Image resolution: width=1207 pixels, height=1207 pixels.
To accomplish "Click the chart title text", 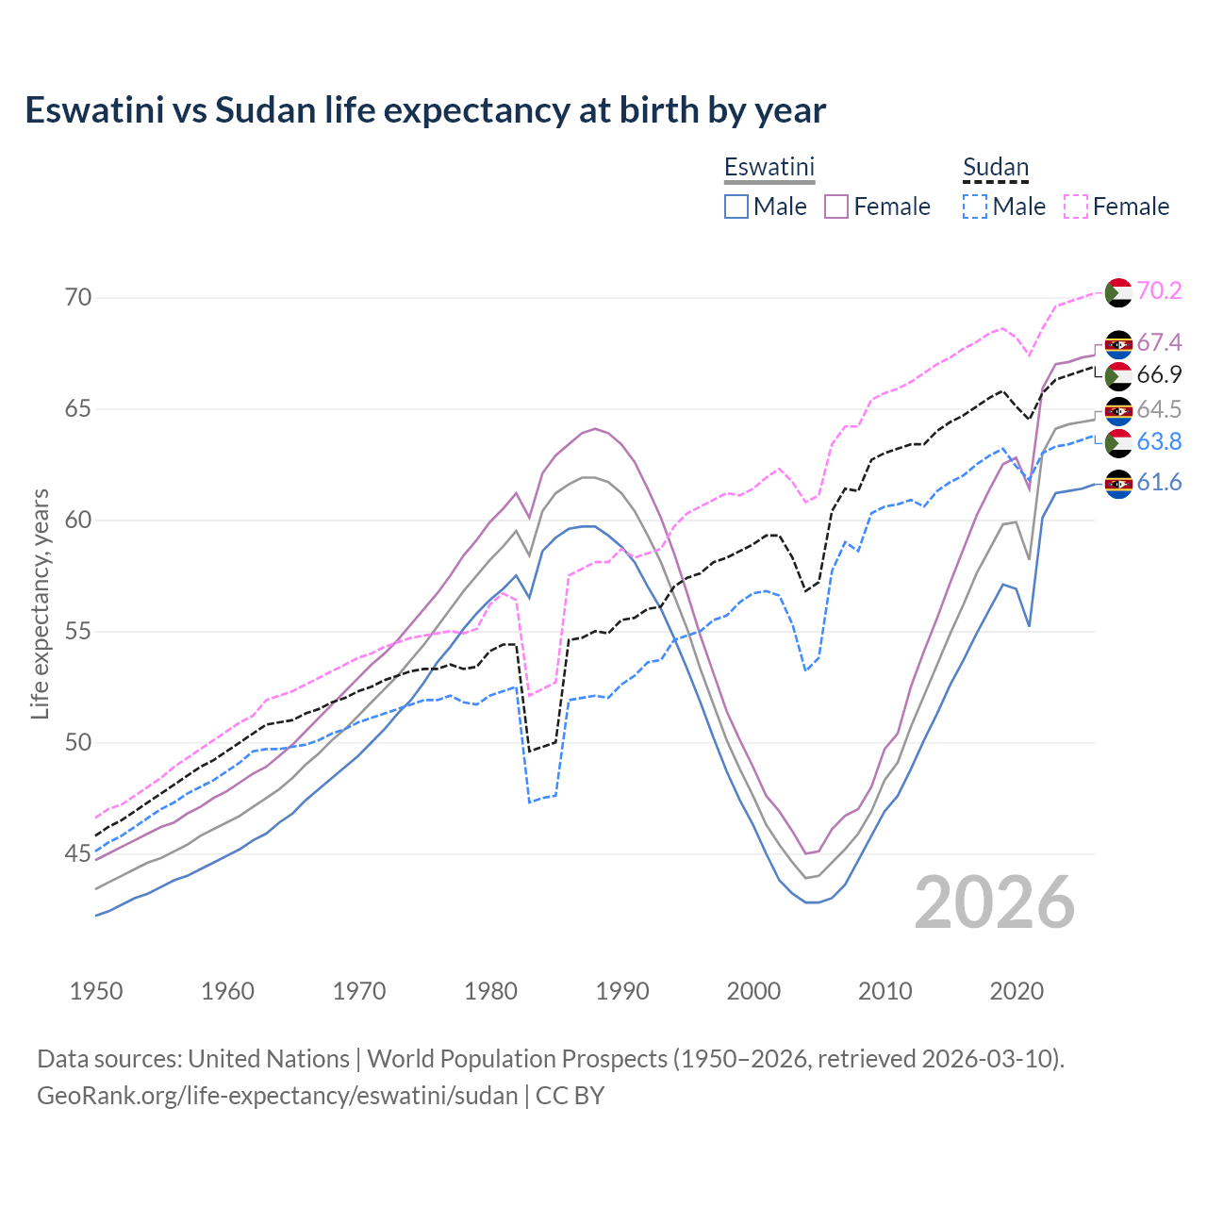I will (425, 110).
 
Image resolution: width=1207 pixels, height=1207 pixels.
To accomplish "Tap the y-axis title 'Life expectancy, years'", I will (40, 603).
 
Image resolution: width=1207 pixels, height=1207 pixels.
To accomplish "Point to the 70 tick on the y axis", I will (78, 298).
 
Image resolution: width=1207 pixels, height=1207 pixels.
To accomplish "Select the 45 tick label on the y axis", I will (78, 854).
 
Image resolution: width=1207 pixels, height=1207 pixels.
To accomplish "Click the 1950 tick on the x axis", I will (96, 991).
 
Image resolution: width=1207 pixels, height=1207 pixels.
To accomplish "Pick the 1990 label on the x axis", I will (622, 991).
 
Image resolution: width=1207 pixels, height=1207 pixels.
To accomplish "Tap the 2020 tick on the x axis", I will (1017, 991).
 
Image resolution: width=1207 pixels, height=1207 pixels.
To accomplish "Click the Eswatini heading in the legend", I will (769, 167).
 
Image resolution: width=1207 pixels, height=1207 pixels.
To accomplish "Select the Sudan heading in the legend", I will (995, 167).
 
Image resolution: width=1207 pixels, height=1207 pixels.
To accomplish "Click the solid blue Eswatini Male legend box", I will (736, 207).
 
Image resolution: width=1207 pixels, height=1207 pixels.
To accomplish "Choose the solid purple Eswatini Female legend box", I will (836, 207).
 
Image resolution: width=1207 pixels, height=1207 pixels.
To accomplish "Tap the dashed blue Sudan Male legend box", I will (975, 207).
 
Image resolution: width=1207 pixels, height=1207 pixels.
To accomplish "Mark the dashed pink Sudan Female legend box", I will (1076, 207).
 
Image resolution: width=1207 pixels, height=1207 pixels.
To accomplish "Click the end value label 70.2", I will (1159, 290).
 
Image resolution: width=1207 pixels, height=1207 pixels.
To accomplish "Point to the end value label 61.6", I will (1159, 483).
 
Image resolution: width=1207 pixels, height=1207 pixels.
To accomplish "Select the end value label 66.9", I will (1159, 374).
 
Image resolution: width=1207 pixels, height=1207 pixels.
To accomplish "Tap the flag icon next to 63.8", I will (1118, 442).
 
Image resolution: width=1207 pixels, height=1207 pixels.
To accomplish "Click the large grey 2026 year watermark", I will (995, 902).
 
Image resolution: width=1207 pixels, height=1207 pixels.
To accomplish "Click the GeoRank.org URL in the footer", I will (277, 1096).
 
